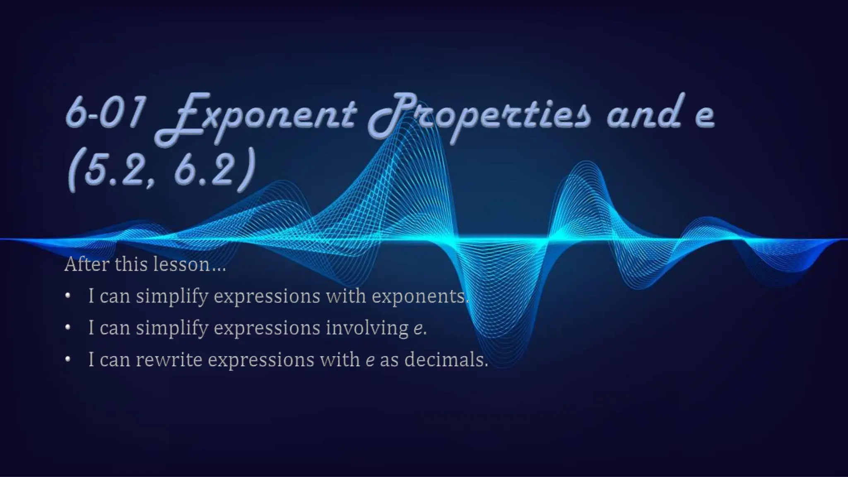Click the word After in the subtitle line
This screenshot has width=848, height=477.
pyautogui.click(x=86, y=264)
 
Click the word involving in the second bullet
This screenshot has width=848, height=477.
pyautogui.click(x=367, y=328)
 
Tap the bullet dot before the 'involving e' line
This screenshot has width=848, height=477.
pyautogui.click(x=68, y=328)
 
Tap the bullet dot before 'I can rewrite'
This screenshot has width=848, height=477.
pyautogui.click(x=68, y=359)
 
